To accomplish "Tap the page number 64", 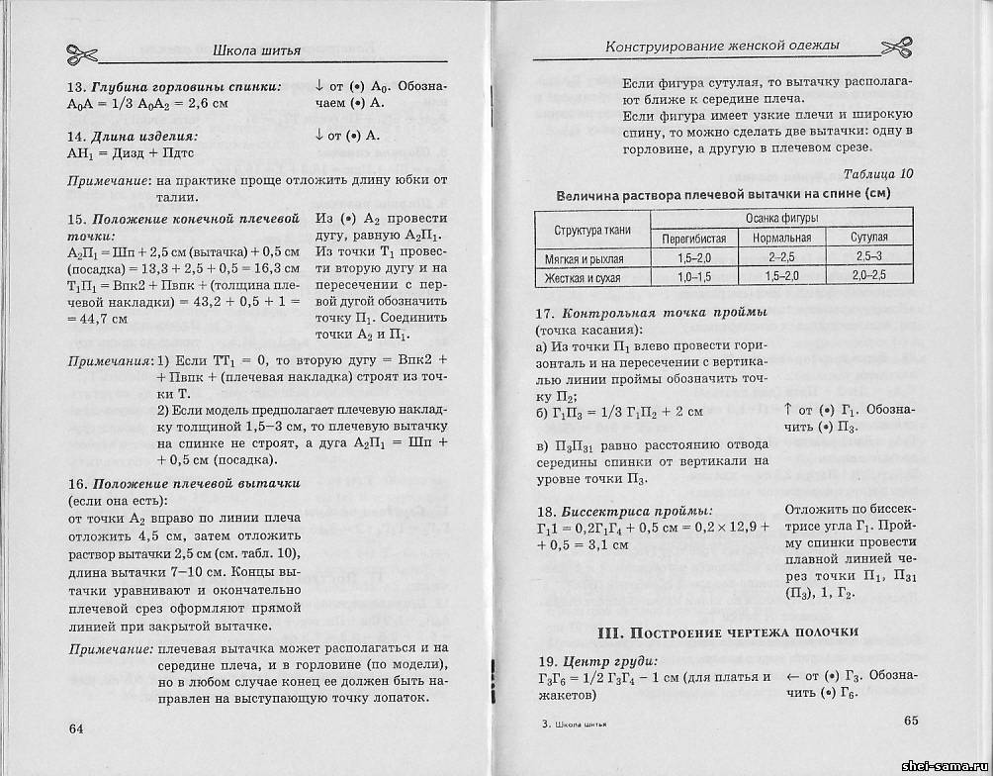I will click(x=77, y=728).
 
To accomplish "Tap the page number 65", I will click(x=912, y=720).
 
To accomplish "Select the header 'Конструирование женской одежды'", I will click(x=722, y=46).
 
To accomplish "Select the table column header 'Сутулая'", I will click(x=869, y=239).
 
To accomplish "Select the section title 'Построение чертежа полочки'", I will click(x=727, y=631).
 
